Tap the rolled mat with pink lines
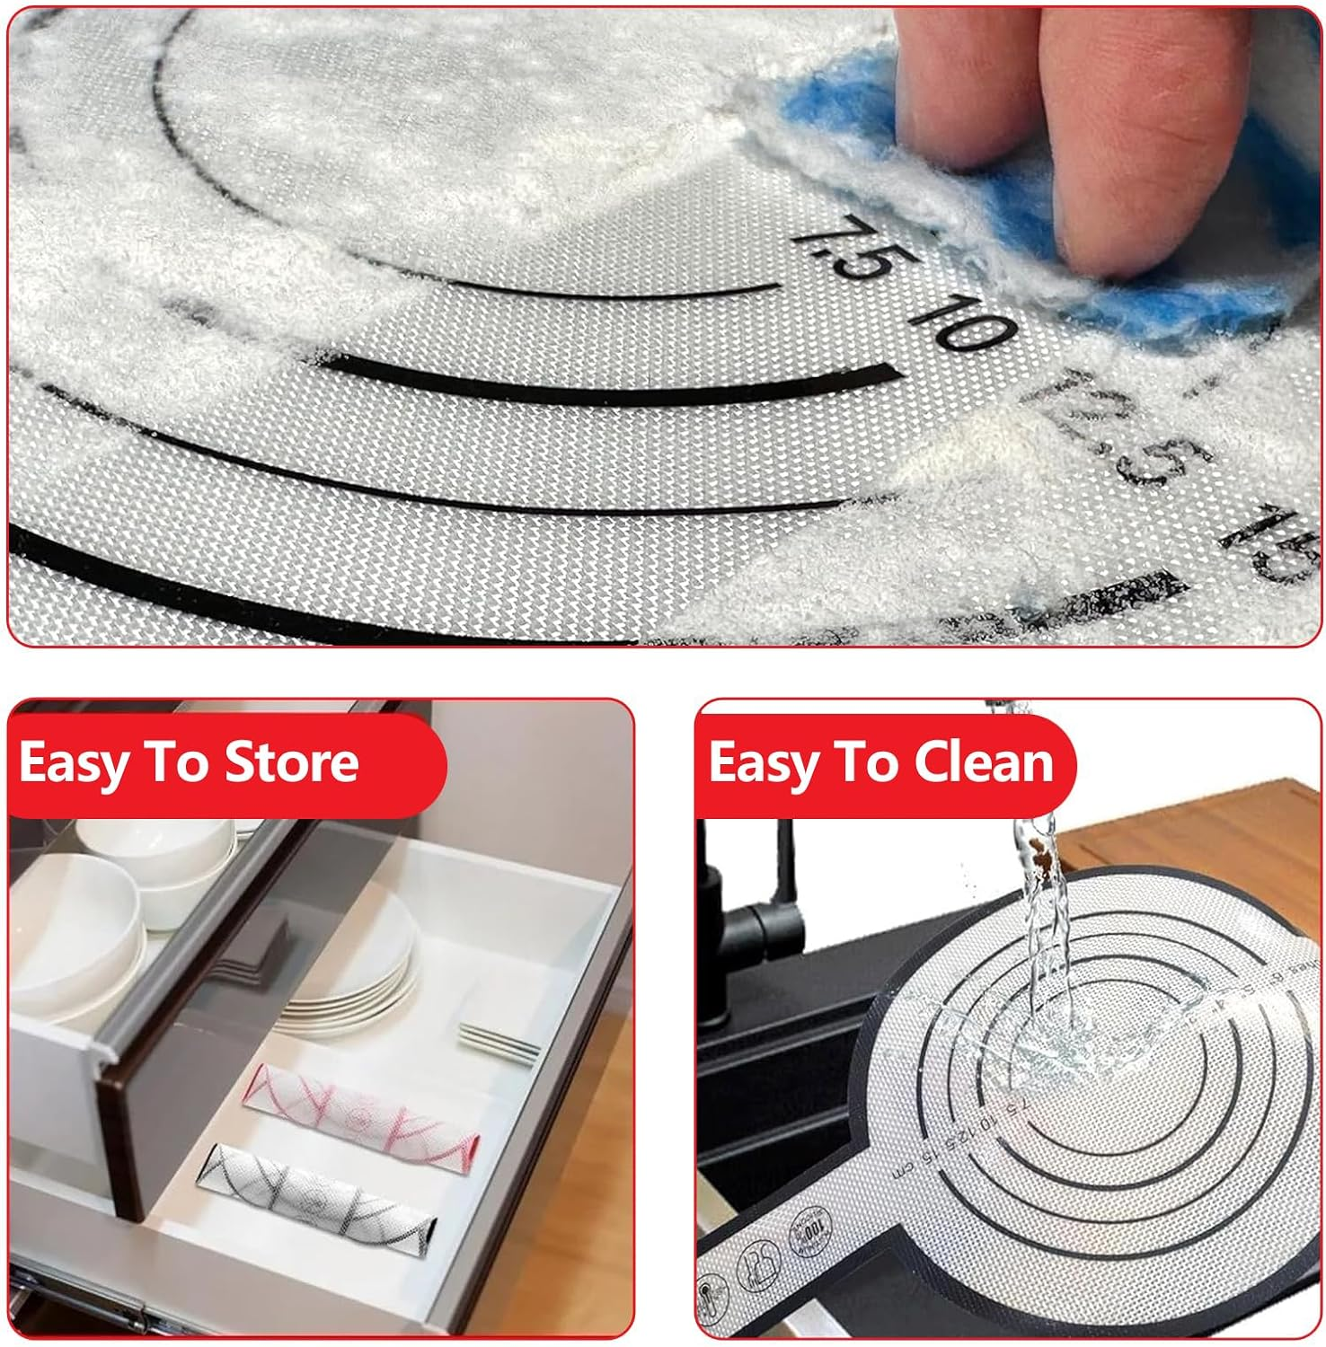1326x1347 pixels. point(359,1105)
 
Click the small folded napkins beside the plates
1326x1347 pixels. point(499,1042)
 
